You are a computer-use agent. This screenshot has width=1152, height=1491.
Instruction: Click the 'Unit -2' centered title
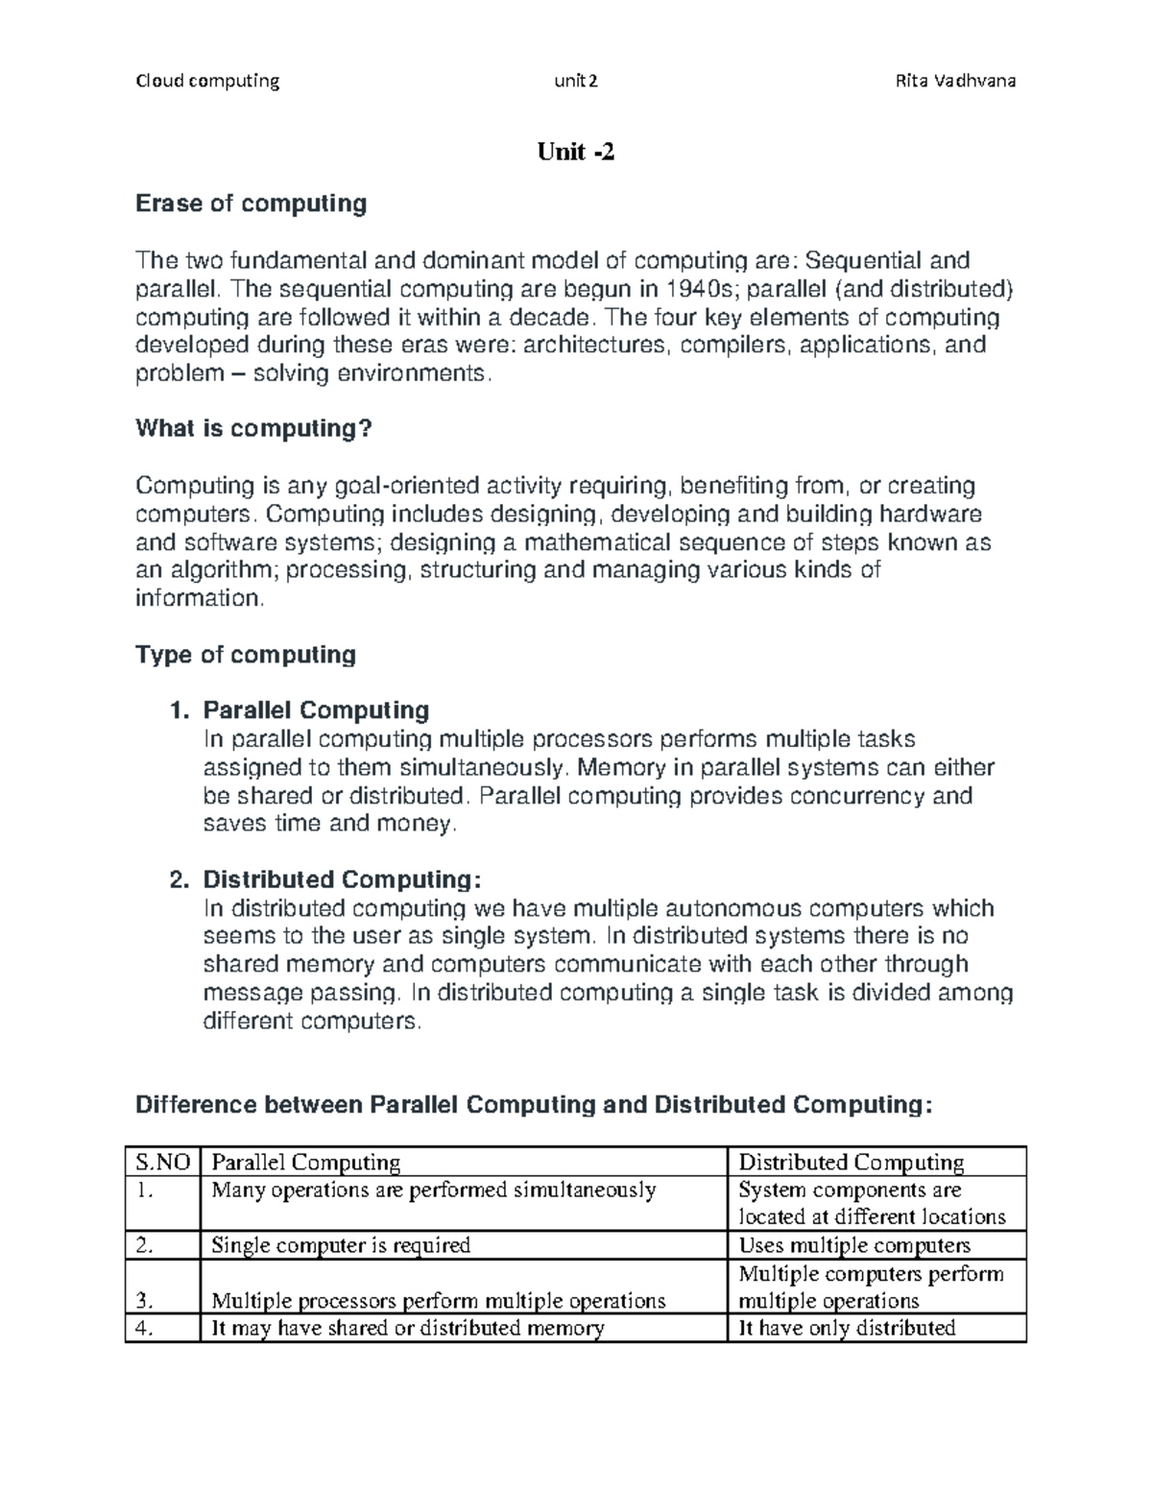[x=576, y=152]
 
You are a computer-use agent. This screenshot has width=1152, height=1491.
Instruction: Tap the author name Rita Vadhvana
[x=955, y=81]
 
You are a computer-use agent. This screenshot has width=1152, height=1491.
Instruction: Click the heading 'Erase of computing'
[x=252, y=204]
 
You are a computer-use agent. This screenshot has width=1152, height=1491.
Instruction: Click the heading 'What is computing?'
[x=253, y=428]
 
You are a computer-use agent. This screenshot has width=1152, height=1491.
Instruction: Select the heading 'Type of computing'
[x=246, y=655]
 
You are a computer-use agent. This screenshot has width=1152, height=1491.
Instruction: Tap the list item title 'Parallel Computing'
[x=316, y=710]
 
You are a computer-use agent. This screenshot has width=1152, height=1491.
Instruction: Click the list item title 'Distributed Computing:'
[x=342, y=880]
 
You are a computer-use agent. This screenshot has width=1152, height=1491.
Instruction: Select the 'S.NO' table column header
[x=163, y=1163]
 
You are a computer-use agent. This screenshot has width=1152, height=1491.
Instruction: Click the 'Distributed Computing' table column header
[x=851, y=1163]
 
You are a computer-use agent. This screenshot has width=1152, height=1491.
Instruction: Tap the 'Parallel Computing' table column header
[x=305, y=1163]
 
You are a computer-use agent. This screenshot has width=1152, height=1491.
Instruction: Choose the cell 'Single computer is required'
[x=341, y=1245]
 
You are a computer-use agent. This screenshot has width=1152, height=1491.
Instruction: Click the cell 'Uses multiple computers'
[x=854, y=1245]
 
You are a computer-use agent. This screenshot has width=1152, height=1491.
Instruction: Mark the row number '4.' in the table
[x=145, y=1329]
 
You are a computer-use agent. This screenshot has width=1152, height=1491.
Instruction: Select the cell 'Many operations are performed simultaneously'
[x=433, y=1190]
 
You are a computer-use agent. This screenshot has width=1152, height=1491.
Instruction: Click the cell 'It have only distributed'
[x=847, y=1329]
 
